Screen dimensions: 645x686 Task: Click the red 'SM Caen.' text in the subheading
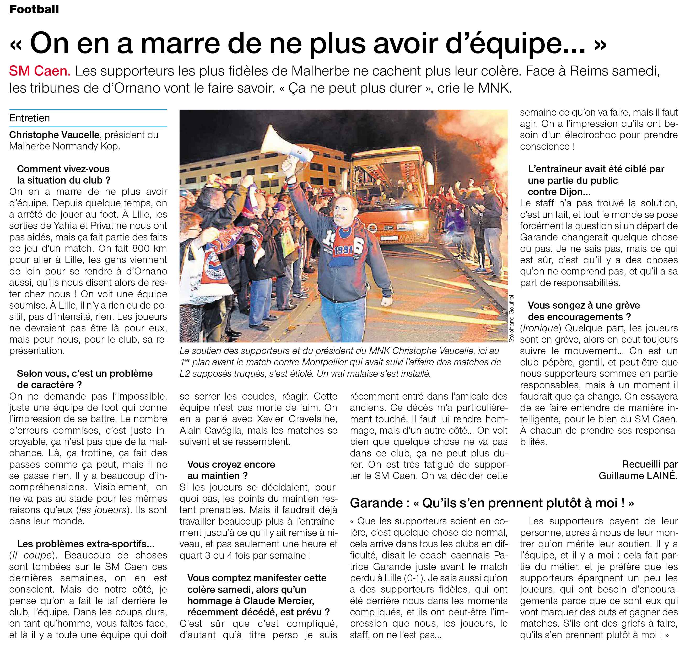40,71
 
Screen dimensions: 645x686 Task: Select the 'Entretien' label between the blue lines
30,118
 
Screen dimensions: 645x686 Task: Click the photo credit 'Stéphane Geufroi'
511,318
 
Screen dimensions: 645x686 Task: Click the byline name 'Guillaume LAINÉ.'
638,476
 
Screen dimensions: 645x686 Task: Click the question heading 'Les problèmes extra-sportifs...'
85,544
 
